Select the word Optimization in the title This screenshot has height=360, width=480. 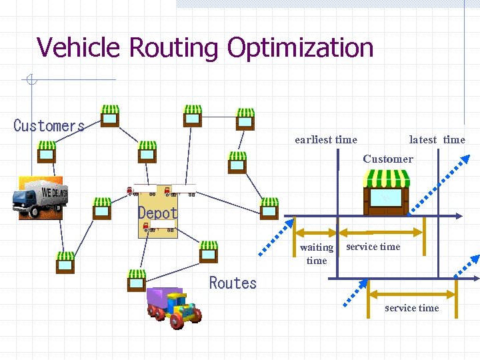(x=300, y=47)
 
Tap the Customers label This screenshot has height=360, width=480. (x=49, y=125)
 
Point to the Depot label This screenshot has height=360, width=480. (x=158, y=213)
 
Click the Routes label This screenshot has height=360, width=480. (x=233, y=283)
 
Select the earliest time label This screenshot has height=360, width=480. (x=326, y=140)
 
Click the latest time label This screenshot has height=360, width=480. (x=437, y=140)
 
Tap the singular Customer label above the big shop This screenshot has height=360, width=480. (x=388, y=159)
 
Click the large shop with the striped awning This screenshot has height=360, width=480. (x=386, y=192)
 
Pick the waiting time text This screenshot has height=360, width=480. (x=317, y=253)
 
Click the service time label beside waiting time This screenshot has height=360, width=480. (x=373, y=247)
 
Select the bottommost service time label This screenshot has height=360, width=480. (x=411, y=308)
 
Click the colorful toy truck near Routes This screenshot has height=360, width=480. (x=175, y=308)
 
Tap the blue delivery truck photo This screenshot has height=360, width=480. (x=40, y=198)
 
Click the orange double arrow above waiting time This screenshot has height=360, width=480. (x=315, y=233)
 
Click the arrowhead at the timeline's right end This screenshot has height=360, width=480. (x=459, y=216)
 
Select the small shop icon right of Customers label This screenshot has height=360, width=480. (x=110, y=116)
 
